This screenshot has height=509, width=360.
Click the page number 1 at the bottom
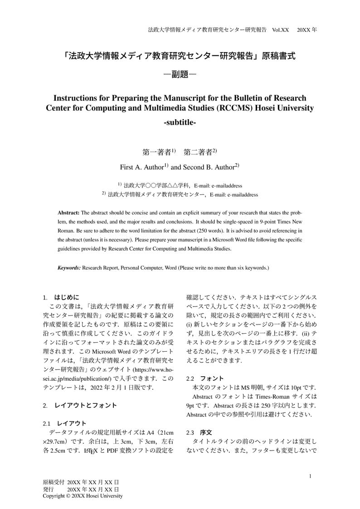(x=310, y=476)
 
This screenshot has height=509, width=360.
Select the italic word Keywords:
(x=69, y=268)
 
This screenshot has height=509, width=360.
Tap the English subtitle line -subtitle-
(x=180, y=122)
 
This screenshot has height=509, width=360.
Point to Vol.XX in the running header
(x=280, y=30)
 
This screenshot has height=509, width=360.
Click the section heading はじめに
(x=67, y=297)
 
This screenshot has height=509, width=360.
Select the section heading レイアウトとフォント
(x=86, y=405)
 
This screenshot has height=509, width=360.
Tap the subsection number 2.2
(x=190, y=378)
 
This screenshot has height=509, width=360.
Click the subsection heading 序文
(x=206, y=432)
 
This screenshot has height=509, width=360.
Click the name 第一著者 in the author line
(x=156, y=152)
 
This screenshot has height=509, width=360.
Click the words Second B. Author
(x=208, y=167)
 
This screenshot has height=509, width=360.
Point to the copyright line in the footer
(x=83, y=496)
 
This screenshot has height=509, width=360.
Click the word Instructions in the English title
(x=75, y=98)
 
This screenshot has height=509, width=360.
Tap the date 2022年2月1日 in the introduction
(x=117, y=388)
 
